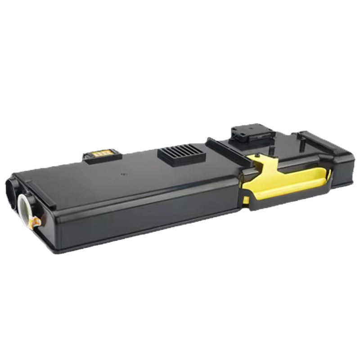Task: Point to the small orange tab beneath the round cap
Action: tap(34, 222)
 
